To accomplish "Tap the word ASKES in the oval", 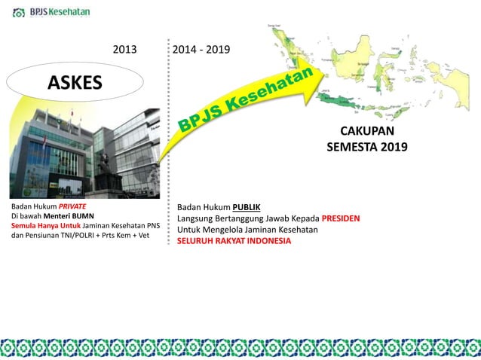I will click(75, 83).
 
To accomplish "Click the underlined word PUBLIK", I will click(246, 207).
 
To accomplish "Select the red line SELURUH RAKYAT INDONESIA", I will click(234, 241).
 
